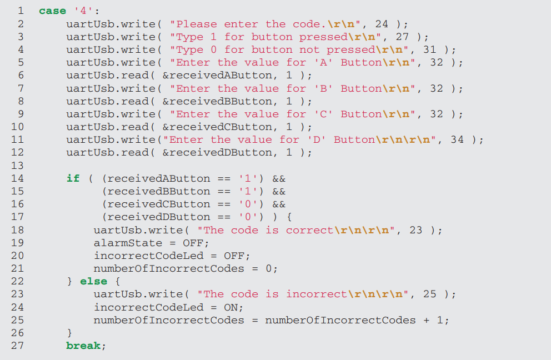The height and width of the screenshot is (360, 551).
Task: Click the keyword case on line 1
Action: click(52, 11)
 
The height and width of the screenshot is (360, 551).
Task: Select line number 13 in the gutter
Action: click(18, 165)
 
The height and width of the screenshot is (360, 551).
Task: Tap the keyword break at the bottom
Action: click(83, 346)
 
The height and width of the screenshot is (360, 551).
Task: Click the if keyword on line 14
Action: click(73, 178)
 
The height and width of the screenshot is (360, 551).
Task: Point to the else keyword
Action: click(93, 281)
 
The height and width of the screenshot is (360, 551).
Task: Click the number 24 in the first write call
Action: click(381, 24)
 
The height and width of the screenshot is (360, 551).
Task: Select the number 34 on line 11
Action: click(457, 139)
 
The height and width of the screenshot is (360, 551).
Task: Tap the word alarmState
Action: click(128, 243)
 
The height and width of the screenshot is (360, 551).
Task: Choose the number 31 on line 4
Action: click(429, 49)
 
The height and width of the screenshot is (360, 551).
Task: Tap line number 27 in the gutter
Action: click(18, 346)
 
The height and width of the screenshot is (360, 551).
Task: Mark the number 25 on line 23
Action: click(429, 294)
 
